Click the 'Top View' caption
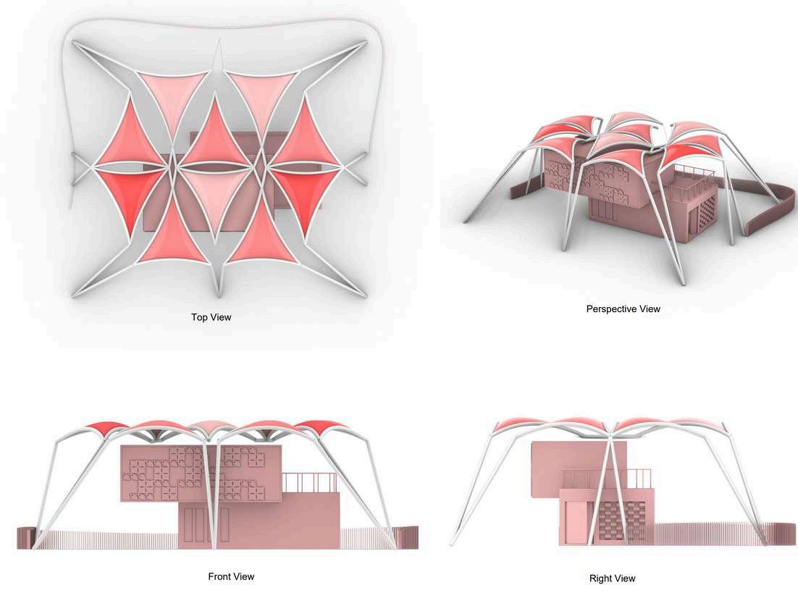[x=211, y=317]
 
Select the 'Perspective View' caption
[x=623, y=309]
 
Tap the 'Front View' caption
[x=231, y=577]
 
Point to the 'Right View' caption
[x=612, y=578]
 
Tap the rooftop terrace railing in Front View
[x=309, y=482]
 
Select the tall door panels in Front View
[x=206, y=525]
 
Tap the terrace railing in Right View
[x=607, y=477]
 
